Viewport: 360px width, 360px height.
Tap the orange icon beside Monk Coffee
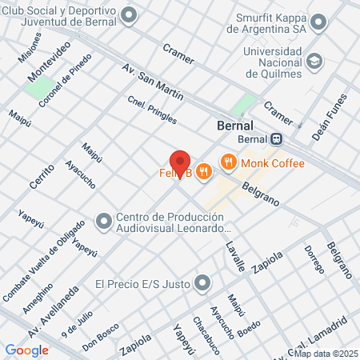pos(229,163)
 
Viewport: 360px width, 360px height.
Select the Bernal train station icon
pos(276,138)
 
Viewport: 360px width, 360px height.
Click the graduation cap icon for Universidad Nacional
pos(315,60)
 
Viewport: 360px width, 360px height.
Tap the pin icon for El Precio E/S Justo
pos(202,283)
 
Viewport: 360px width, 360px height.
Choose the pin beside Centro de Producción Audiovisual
pos(103,220)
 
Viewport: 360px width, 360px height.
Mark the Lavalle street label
pos(234,257)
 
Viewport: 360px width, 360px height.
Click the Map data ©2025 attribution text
pos(323,353)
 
